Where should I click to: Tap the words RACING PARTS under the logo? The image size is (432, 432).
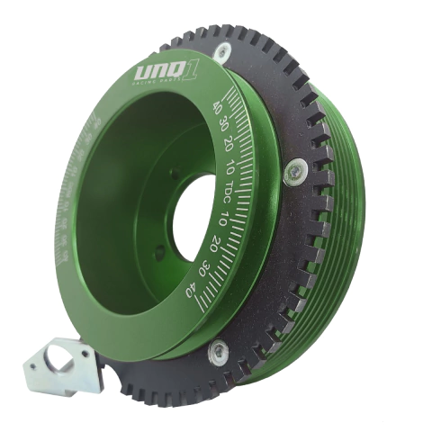coord(162,82)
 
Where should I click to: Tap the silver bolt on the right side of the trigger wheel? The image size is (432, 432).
coord(293,172)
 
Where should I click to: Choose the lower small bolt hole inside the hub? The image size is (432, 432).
coord(159,255)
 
